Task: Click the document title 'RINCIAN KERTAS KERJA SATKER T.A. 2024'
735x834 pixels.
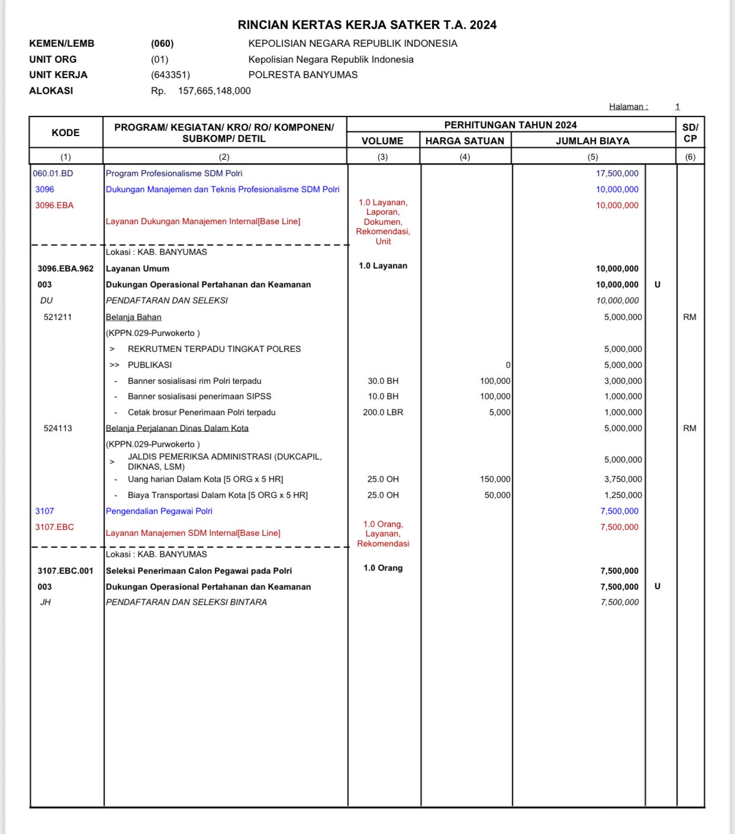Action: click(x=367, y=25)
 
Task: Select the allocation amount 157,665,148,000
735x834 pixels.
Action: click(x=214, y=90)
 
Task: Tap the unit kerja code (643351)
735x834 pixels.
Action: click(x=170, y=75)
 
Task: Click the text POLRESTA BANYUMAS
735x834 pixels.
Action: click(x=303, y=75)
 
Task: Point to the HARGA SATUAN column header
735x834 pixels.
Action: click(x=465, y=141)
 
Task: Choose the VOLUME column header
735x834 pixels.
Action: click(x=382, y=141)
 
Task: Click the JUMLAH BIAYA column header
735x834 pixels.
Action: click(x=592, y=141)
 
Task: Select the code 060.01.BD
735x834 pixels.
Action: click(x=53, y=173)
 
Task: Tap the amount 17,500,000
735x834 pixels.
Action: click(x=617, y=173)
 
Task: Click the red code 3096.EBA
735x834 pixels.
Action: click(x=54, y=205)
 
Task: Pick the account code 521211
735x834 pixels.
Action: click(x=57, y=317)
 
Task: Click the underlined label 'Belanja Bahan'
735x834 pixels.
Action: click(x=134, y=317)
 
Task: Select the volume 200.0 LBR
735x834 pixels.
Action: click(x=383, y=412)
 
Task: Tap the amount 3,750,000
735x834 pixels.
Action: click(x=623, y=479)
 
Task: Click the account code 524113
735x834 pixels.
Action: click(x=57, y=428)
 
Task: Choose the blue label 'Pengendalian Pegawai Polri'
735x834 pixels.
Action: click(x=159, y=511)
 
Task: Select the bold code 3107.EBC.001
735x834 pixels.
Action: click(x=66, y=571)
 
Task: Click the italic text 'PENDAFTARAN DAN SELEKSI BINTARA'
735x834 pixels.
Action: click(x=186, y=602)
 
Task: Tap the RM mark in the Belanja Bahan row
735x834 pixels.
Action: click(x=689, y=317)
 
